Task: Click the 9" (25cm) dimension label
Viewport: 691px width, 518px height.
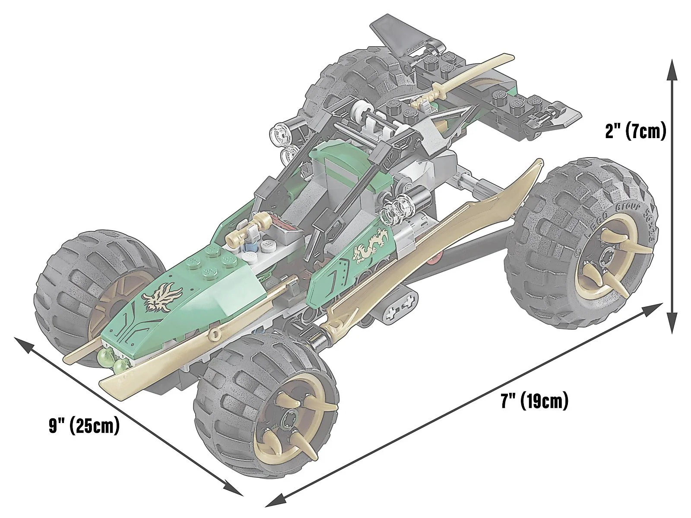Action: (x=84, y=426)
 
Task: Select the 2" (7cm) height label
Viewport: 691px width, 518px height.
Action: (x=636, y=131)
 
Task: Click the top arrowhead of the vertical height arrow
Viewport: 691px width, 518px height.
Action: (x=672, y=69)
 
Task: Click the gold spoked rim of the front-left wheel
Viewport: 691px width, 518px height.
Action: (x=104, y=309)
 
